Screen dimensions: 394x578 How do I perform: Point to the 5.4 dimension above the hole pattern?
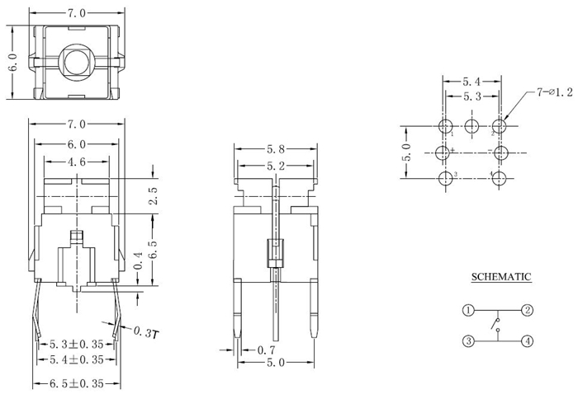[x=471, y=82]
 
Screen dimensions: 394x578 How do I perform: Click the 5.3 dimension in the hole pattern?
[x=471, y=97]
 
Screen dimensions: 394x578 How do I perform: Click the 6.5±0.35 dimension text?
[x=77, y=382]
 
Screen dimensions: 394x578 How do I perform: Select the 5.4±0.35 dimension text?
[x=77, y=360]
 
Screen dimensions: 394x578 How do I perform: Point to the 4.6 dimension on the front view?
[x=77, y=162]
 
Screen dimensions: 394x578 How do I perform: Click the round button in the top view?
[x=77, y=62]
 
